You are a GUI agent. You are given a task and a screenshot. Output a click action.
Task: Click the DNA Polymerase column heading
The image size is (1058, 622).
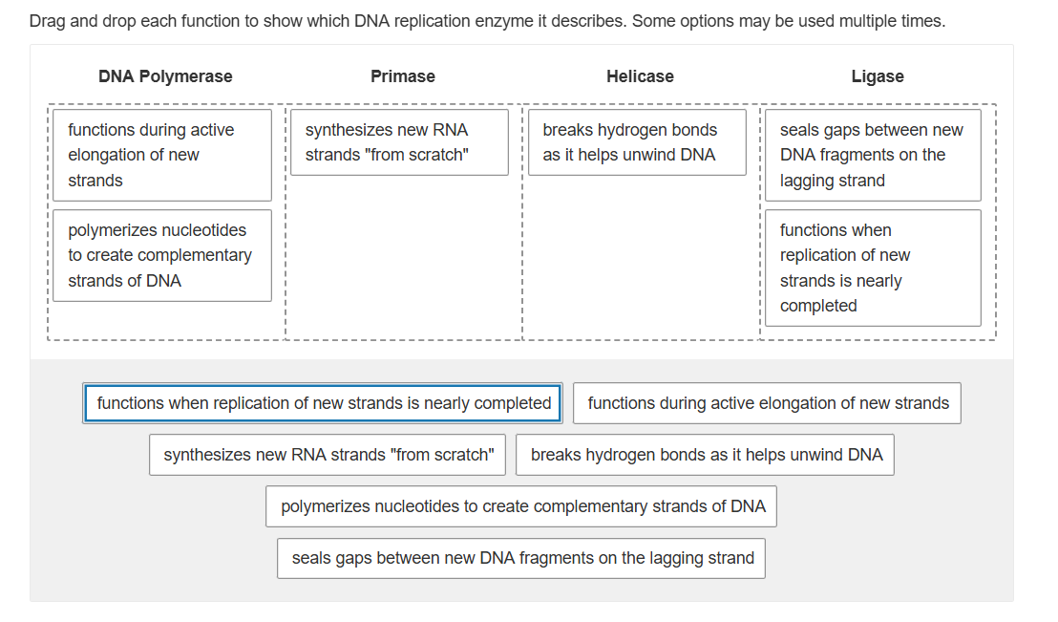pyautogui.click(x=165, y=76)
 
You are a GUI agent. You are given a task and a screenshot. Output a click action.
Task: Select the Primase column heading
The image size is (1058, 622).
pyautogui.click(x=403, y=76)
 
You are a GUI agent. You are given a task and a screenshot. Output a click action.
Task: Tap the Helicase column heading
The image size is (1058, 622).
pyautogui.click(x=640, y=76)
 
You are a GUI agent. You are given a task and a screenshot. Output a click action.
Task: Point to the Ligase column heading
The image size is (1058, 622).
pyautogui.click(x=878, y=76)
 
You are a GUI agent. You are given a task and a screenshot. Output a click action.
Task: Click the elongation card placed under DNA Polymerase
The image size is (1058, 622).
pyautogui.click(x=162, y=155)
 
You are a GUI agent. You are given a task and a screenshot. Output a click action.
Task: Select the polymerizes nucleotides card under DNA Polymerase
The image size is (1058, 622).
pyautogui.click(x=162, y=255)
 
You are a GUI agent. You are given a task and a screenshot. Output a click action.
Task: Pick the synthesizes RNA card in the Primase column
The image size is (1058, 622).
pyautogui.click(x=399, y=142)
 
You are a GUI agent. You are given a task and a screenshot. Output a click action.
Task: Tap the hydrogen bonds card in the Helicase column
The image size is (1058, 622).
pyautogui.click(x=637, y=142)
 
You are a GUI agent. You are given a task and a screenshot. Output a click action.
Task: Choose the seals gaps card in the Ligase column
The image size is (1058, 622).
pyautogui.click(x=873, y=155)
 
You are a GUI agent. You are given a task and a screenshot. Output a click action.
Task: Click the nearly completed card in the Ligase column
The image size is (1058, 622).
pyautogui.click(x=873, y=268)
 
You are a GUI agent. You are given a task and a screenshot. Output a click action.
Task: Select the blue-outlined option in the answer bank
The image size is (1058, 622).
pyautogui.click(x=324, y=403)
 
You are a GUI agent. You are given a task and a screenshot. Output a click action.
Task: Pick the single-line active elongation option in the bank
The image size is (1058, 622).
pyautogui.click(x=768, y=403)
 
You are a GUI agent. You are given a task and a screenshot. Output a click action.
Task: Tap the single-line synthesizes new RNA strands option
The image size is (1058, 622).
pyautogui.click(x=328, y=455)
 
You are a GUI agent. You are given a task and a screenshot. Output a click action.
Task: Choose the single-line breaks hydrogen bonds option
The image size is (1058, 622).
pyautogui.click(x=706, y=455)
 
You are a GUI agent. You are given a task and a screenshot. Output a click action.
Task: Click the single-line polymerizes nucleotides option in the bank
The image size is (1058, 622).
pyautogui.click(x=522, y=506)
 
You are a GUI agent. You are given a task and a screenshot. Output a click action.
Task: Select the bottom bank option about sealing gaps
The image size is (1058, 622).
pyautogui.click(x=522, y=558)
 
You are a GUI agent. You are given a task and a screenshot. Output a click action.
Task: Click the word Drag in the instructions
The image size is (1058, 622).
pyautogui.click(x=47, y=21)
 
